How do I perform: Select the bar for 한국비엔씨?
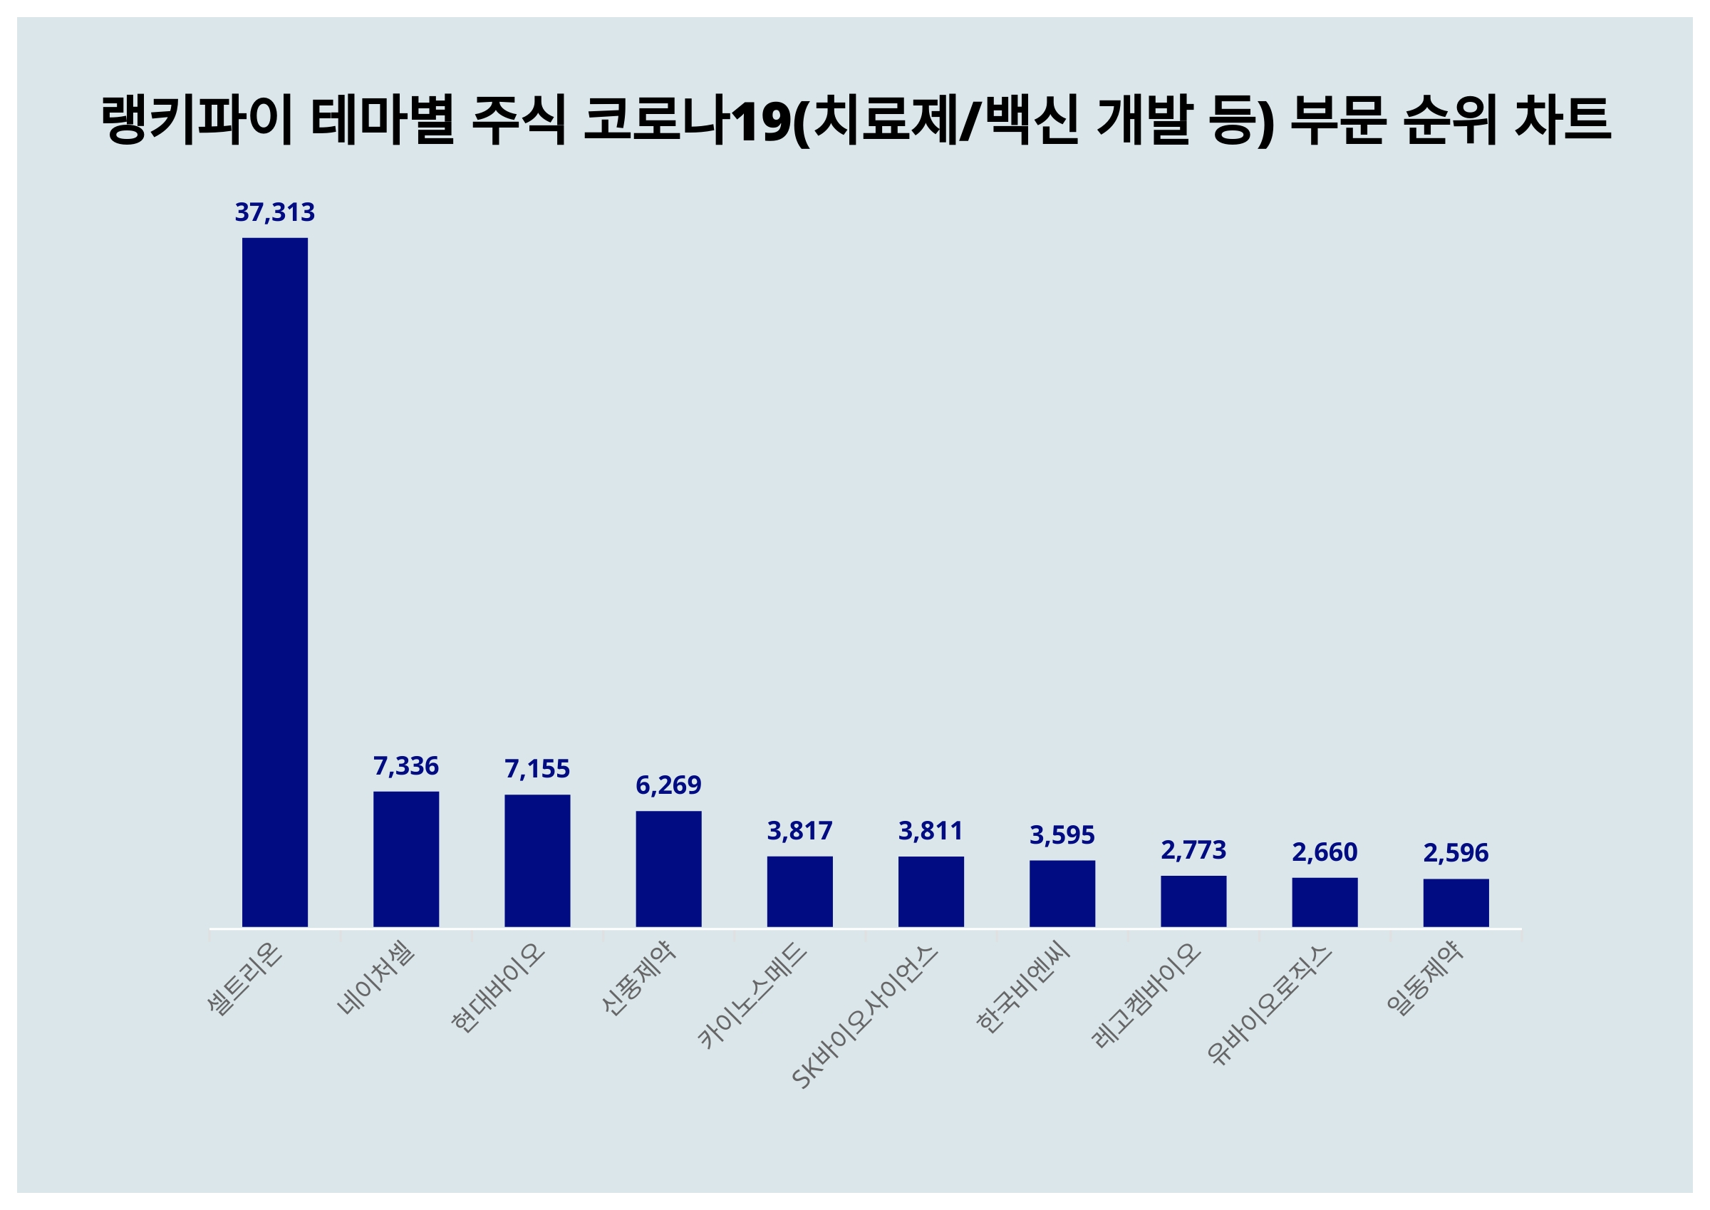(x=1062, y=894)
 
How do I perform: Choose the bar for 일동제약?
(x=1456, y=902)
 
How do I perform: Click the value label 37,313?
(x=275, y=212)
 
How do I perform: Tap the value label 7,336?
(x=406, y=766)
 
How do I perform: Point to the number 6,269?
(x=668, y=785)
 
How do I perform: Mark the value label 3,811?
(x=931, y=831)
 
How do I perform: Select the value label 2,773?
(x=1193, y=850)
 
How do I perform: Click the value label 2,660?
(x=1325, y=852)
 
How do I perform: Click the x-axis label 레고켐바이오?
(x=1147, y=996)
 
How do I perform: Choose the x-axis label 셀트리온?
(x=245, y=978)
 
